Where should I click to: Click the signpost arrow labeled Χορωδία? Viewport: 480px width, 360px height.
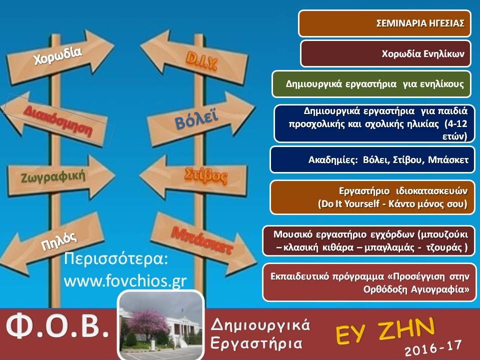[x=59, y=57]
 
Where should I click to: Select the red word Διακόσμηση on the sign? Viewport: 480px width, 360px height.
[x=58, y=121]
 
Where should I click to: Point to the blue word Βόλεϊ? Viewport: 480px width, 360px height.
[x=196, y=119]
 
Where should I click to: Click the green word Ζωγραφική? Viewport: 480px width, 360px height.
[x=52, y=176]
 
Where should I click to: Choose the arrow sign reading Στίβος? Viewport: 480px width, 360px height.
[x=193, y=176]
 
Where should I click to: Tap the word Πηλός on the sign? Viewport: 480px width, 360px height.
[x=59, y=241]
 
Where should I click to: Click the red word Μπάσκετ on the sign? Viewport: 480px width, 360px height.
[x=202, y=240]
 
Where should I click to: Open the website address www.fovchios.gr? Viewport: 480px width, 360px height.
[x=125, y=281]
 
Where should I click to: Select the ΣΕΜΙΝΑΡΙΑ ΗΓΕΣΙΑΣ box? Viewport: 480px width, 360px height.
[x=385, y=23]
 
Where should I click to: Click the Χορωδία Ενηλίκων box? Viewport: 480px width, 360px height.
[x=385, y=53]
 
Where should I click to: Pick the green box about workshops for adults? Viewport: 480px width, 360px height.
[x=371, y=84]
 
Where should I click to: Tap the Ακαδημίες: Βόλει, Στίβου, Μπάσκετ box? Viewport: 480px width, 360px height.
[x=372, y=160]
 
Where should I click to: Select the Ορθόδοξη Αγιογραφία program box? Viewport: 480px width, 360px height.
[x=370, y=282]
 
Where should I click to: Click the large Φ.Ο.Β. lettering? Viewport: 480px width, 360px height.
[x=57, y=326]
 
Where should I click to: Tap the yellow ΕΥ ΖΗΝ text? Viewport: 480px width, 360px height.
[x=385, y=331]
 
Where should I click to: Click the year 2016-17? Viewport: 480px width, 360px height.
[x=433, y=348]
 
